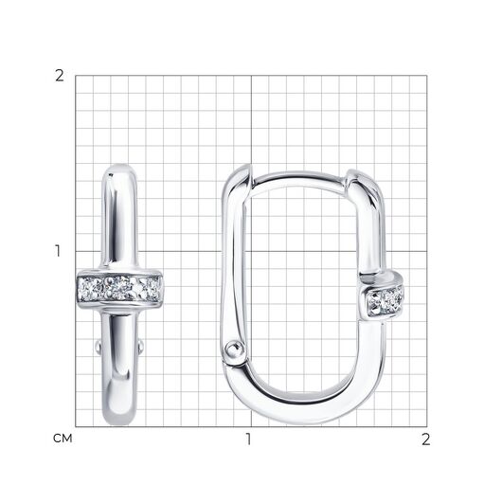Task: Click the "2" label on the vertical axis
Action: click(x=60, y=76)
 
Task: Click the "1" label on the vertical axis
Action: click(x=58, y=251)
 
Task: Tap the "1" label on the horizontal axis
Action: click(x=248, y=439)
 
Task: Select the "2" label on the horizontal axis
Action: click(x=425, y=439)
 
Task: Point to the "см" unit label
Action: click(x=63, y=439)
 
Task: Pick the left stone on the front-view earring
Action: click(x=91, y=289)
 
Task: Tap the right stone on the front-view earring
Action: click(x=150, y=288)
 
